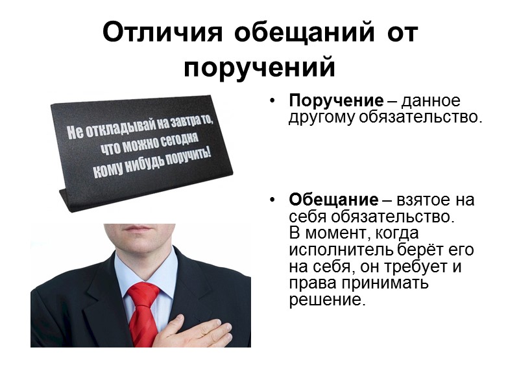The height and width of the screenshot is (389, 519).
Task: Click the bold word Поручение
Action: [336, 101]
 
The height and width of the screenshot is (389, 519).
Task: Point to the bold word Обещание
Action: [333, 200]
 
